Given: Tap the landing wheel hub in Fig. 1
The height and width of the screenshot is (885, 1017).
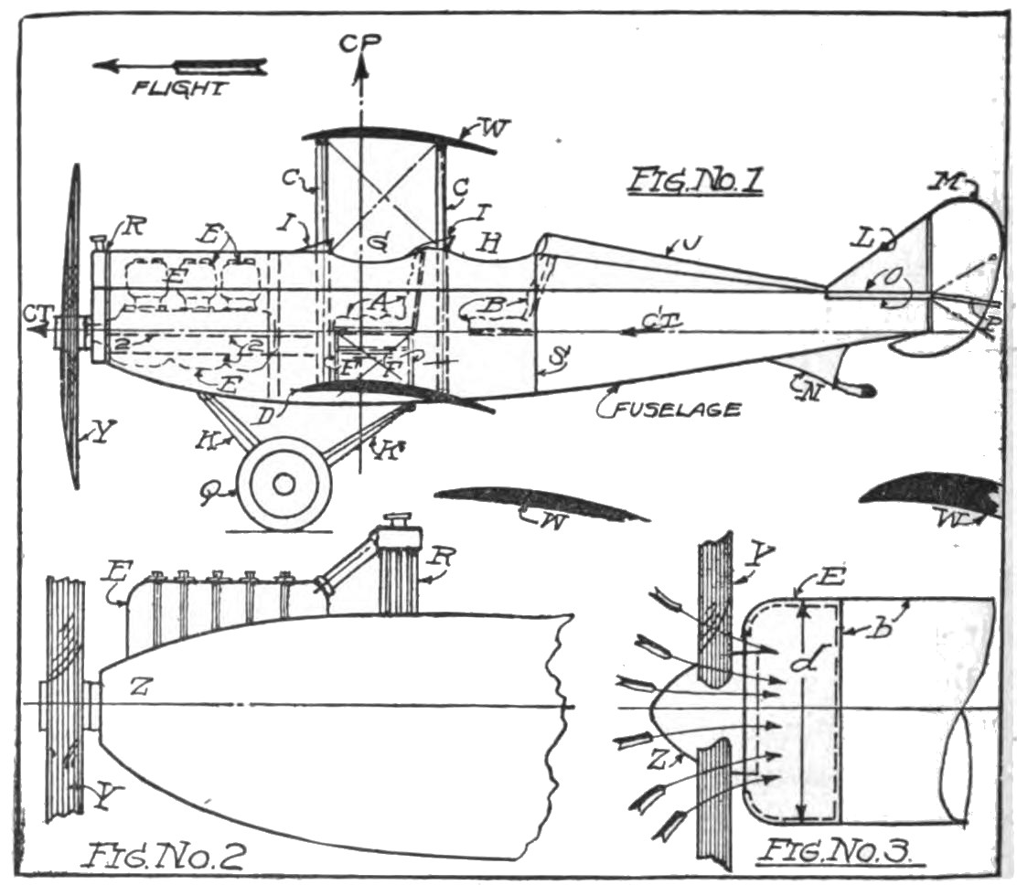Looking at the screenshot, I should pyautogui.click(x=284, y=483).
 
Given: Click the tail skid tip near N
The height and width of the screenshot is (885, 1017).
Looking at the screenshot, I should pyautogui.click(x=863, y=391).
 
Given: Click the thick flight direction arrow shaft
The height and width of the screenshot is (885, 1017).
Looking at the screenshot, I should pyautogui.click(x=219, y=66).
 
